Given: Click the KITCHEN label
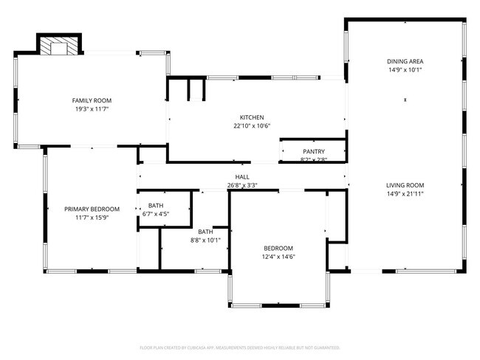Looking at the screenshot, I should coord(251,117).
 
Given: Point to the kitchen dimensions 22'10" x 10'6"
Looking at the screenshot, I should coord(251,126).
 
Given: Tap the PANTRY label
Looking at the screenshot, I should coord(313,151).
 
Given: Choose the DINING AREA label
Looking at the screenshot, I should coord(405,61).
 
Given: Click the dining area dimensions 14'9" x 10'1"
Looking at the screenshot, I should coord(405,70).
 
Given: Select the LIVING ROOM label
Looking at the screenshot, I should coord(405,185).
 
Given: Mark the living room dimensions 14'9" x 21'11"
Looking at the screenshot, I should coord(405,194).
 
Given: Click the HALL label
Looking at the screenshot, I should coord(241,177).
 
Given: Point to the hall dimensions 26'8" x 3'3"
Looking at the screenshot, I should coord(241,186).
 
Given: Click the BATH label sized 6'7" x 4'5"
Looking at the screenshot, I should coord(155,206).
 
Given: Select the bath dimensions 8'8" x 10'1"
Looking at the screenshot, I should coord(205,240).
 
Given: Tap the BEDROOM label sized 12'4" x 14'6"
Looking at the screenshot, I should coord(278,248).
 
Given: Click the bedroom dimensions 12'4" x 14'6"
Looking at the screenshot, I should coord(278,257).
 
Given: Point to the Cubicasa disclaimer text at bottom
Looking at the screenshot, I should coord(239,347).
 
